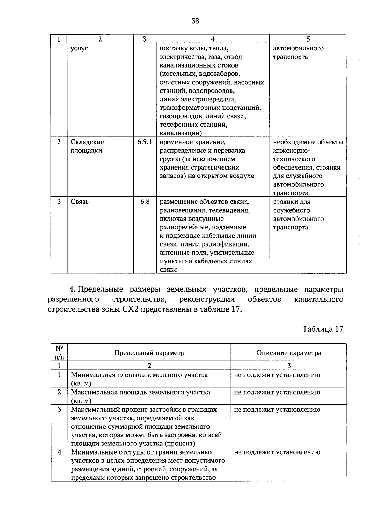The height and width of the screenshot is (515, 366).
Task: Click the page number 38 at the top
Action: click(x=195, y=21)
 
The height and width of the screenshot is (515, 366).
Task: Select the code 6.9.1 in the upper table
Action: click(x=145, y=142)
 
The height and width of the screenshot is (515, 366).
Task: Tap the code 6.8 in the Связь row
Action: click(x=145, y=202)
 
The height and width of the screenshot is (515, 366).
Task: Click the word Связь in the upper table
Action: click(x=80, y=202)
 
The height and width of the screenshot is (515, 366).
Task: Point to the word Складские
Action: click(x=87, y=142)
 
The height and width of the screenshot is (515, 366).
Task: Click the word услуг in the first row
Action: click(x=79, y=49)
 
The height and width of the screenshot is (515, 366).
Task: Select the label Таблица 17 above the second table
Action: click(x=323, y=329)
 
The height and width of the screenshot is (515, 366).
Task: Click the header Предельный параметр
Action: click(x=149, y=353)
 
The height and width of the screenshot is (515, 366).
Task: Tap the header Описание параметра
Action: click(x=289, y=353)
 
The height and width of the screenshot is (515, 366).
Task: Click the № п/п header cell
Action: click(x=59, y=352)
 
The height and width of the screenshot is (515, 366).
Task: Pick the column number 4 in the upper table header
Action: click(x=213, y=39)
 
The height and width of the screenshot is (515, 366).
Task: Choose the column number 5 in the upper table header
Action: click(x=308, y=39)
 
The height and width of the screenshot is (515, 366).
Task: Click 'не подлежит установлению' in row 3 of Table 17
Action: click(x=277, y=410)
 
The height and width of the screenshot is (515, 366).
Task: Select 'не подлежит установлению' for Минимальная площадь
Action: click(x=277, y=375)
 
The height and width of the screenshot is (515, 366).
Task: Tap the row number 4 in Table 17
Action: click(x=59, y=452)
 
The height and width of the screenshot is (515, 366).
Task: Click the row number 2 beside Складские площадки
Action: click(x=59, y=142)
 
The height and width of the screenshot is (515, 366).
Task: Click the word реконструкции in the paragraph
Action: click(x=207, y=299)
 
